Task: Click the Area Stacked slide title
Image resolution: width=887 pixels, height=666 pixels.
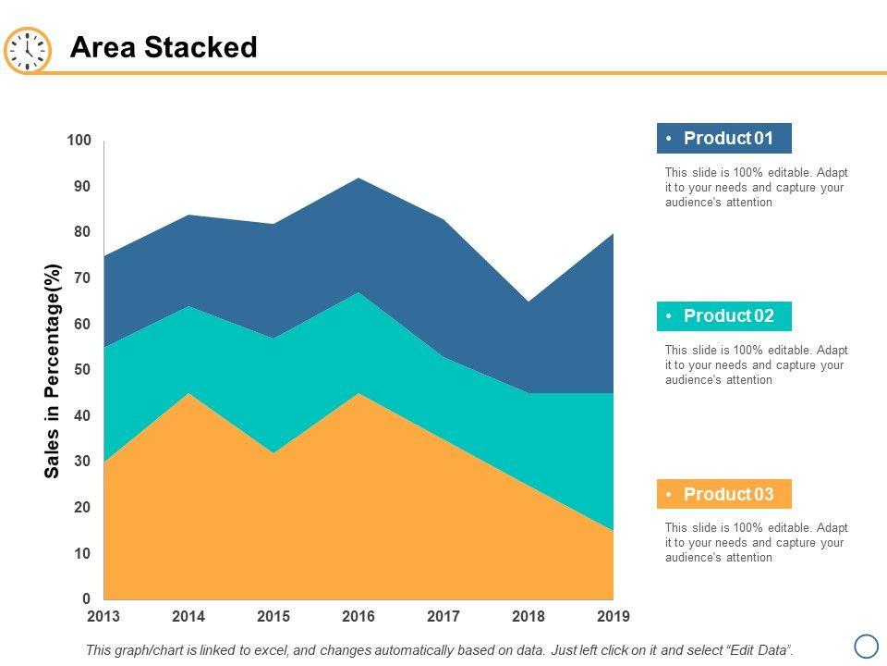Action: tap(164, 48)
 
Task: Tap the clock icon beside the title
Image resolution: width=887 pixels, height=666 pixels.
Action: tap(28, 50)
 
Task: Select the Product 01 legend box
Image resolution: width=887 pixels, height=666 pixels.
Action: tap(724, 139)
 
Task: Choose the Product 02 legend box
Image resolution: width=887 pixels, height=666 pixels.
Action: tap(724, 316)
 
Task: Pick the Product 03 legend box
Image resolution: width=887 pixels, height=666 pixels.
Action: tap(724, 494)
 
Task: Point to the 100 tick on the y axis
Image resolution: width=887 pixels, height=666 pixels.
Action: tap(79, 141)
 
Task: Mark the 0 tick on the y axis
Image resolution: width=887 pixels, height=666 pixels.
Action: tap(86, 599)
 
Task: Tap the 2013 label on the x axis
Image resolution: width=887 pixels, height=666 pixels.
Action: tap(103, 617)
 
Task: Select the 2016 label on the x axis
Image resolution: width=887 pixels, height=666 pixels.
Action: tap(358, 617)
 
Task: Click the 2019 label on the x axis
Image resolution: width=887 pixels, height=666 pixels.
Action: tap(614, 617)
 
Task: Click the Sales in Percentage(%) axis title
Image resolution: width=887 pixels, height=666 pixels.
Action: tap(53, 371)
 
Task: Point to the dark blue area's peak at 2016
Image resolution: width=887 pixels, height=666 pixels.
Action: tap(358, 179)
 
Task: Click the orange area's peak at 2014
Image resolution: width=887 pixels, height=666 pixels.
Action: tap(188, 394)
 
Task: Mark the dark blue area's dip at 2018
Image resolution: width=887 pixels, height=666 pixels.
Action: tap(529, 302)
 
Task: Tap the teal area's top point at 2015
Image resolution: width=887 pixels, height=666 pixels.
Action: tap(273, 339)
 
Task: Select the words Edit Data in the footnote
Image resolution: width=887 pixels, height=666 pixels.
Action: tap(759, 650)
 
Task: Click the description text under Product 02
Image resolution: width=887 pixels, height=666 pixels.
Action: tap(756, 365)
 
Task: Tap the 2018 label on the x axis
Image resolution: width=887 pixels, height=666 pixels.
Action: tap(529, 617)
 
